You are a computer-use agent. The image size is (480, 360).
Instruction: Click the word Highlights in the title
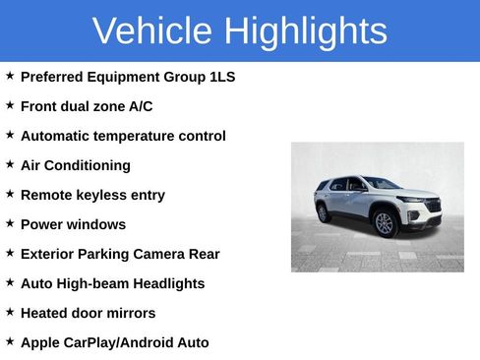click(305, 31)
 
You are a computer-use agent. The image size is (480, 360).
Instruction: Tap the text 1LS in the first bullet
click(222, 77)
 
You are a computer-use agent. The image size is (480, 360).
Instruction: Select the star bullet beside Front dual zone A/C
click(10, 105)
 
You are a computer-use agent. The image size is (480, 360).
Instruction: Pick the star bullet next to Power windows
click(10, 223)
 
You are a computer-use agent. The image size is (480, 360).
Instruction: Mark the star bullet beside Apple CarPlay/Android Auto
click(10, 341)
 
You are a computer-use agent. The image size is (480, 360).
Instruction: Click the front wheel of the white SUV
click(384, 224)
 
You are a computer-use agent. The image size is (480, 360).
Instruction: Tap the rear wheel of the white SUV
click(324, 211)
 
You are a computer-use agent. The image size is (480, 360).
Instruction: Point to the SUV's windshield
click(381, 184)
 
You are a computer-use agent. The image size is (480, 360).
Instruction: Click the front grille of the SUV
click(431, 207)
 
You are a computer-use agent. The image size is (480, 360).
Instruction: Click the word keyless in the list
click(100, 195)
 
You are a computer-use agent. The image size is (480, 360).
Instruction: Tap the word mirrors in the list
click(132, 313)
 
